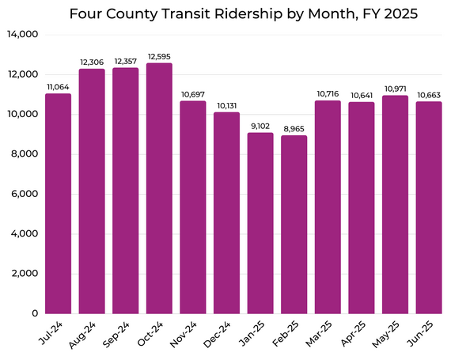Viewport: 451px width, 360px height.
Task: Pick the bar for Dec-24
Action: pyautogui.click(x=226, y=213)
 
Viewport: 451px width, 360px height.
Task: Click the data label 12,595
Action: pyautogui.click(x=158, y=55)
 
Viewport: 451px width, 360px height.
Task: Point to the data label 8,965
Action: pyautogui.click(x=294, y=128)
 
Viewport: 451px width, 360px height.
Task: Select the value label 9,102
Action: pyautogui.click(x=260, y=125)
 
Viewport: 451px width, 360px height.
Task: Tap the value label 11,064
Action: pyautogui.click(x=57, y=86)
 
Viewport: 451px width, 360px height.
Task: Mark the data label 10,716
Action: pyautogui.click(x=328, y=93)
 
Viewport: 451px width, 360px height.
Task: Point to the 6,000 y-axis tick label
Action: pyautogui.click(x=25, y=194)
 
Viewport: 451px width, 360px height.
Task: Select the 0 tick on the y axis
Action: pyautogui.click(x=34, y=313)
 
